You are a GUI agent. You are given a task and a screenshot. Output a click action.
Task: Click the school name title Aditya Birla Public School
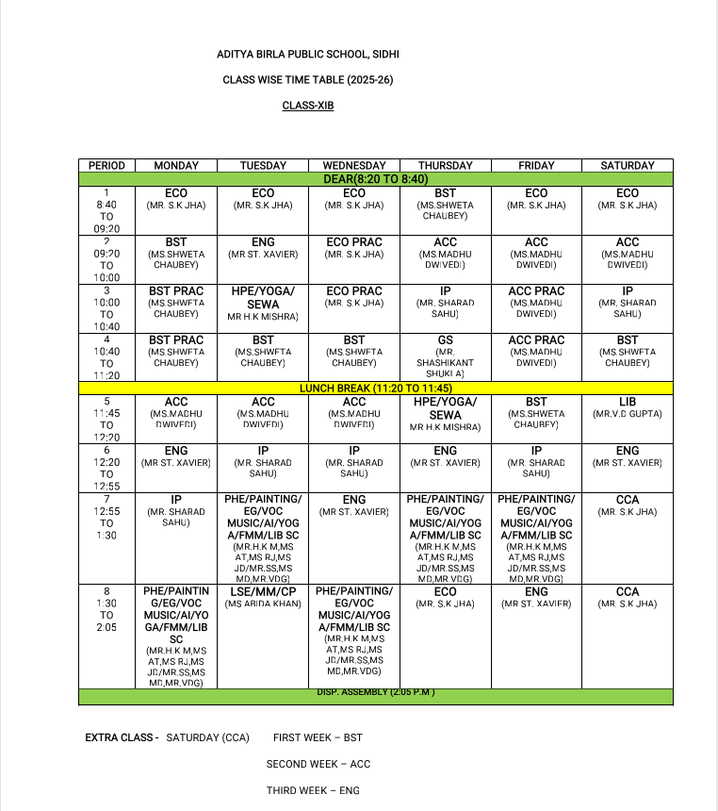pos(308,55)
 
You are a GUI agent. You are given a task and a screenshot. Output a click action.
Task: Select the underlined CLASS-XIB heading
pos(308,106)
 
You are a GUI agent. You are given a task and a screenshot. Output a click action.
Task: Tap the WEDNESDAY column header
pos(354,166)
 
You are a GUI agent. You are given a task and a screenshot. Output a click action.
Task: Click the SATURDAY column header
pos(627,166)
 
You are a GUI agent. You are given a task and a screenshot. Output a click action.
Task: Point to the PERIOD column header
pos(106,166)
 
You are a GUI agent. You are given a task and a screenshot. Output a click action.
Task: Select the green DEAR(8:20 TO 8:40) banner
pos(376,178)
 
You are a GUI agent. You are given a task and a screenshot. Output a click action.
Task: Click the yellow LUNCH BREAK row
pos(376,388)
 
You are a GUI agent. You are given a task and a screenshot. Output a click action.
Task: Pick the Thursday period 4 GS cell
pos(445,356)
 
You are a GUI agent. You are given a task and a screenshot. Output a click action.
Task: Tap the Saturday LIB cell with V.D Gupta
pos(627,408)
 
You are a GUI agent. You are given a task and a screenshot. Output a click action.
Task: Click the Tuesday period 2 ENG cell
pos(263,248)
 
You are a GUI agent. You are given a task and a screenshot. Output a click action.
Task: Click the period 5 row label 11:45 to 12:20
pos(106,419)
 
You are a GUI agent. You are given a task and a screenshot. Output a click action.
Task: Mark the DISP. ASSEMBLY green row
pos(376,696)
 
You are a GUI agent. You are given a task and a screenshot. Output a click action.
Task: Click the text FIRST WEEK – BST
pos(318,737)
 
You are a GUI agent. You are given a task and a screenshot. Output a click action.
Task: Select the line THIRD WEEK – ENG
pos(313,790)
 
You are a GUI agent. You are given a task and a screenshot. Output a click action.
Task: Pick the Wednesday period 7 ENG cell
pos(354,505)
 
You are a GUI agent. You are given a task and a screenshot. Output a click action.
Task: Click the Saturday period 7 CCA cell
pos(627,505)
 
